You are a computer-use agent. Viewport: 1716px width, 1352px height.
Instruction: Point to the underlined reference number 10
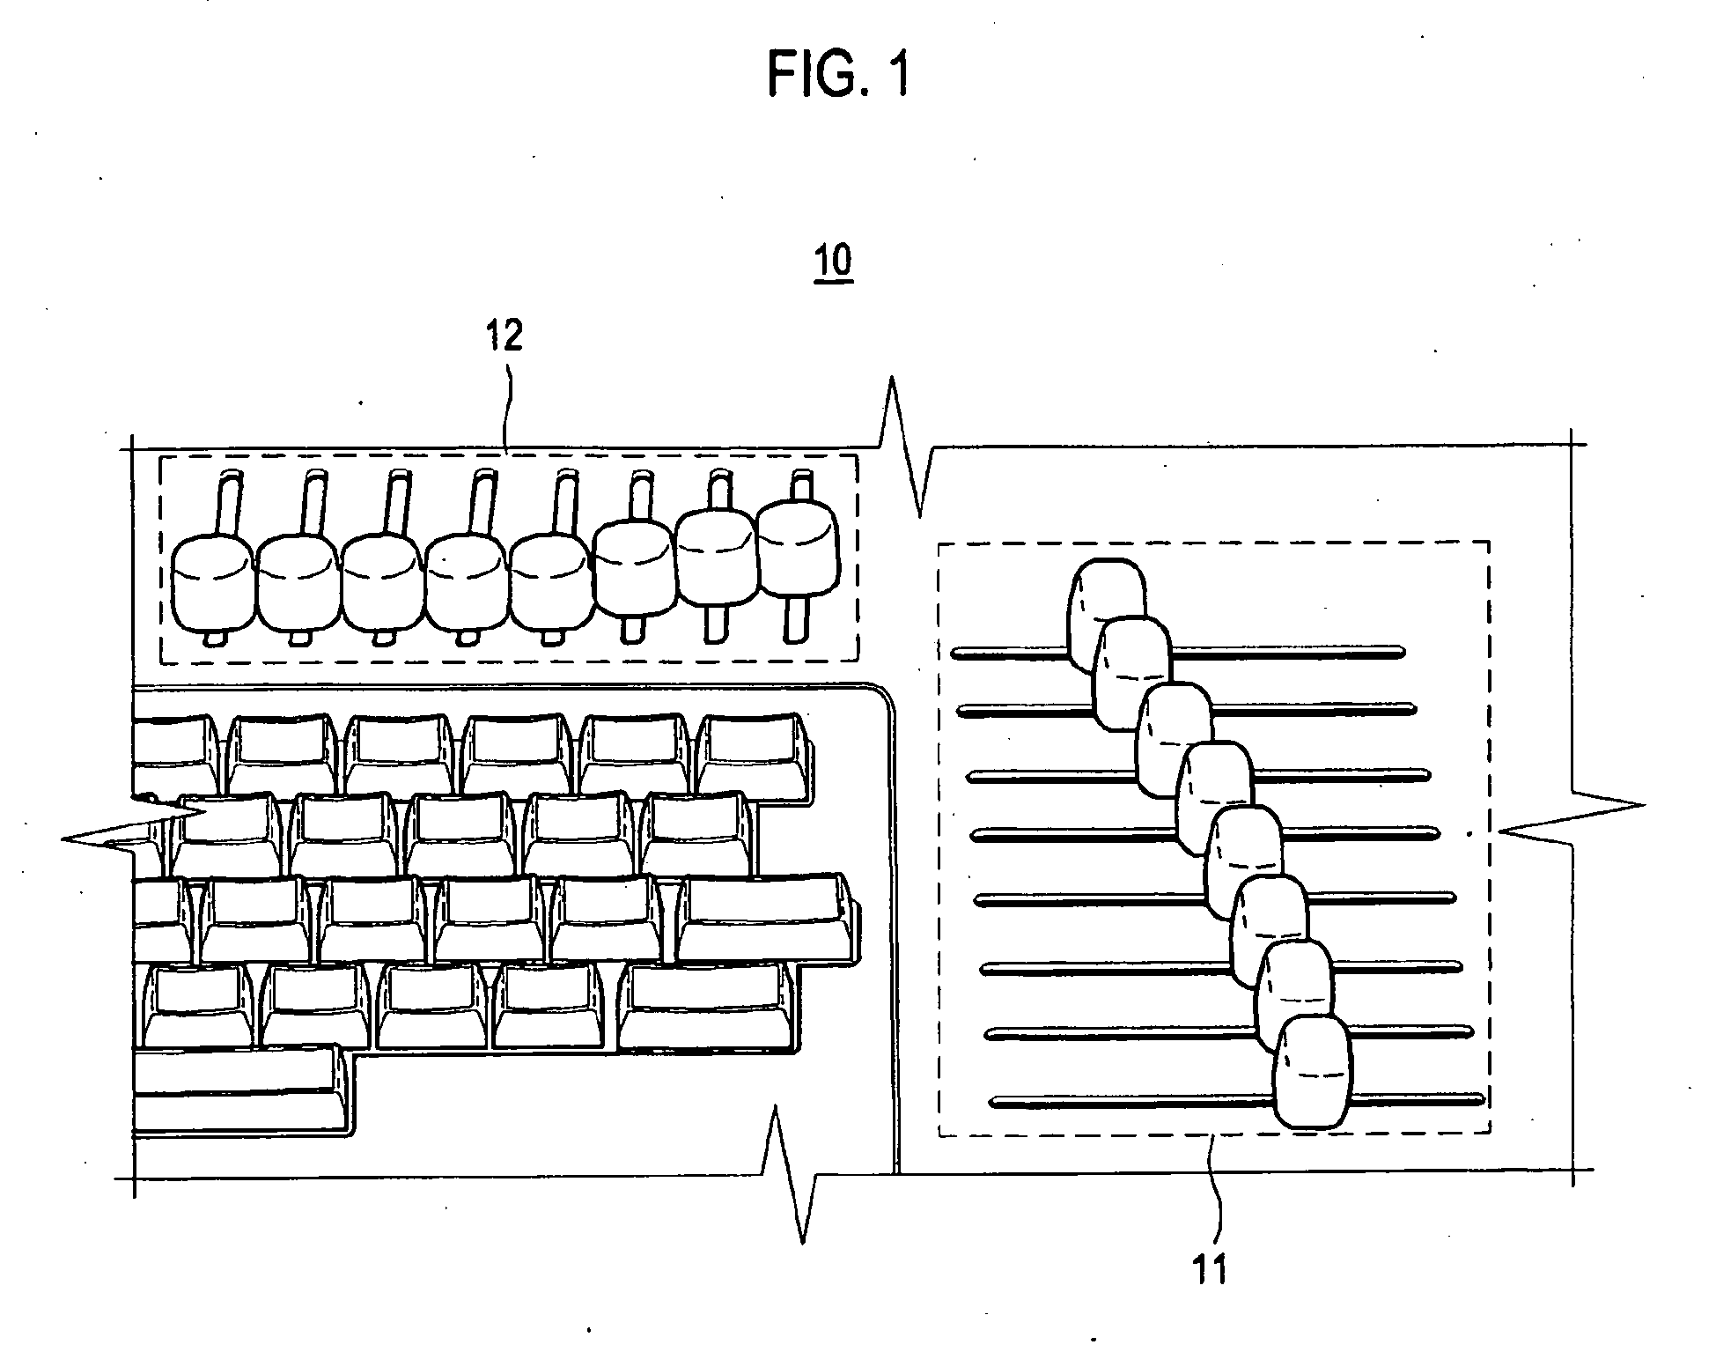point(834,262)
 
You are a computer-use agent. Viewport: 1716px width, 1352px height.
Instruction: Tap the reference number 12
point(504,336)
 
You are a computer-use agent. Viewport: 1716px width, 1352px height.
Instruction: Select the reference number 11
point(1209,1269)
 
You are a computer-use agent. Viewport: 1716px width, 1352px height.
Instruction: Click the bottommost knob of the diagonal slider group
point(1313,1072)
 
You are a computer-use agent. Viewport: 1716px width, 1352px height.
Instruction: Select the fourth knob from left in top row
point(467,583)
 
